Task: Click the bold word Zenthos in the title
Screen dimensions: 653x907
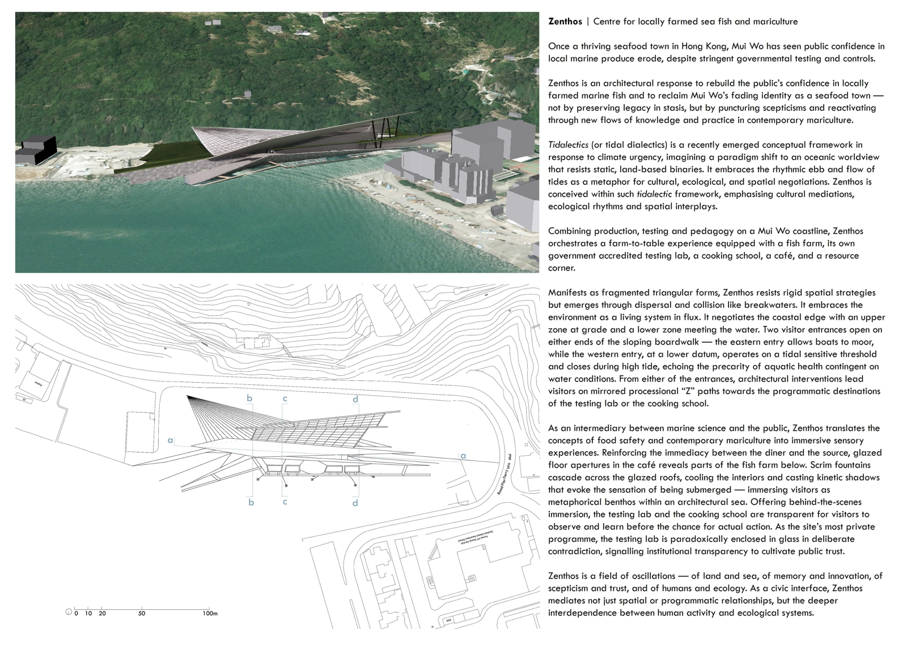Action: point(565,22)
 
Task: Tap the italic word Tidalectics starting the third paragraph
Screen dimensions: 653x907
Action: point(567,145)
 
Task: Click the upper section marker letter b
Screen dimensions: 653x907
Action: point(249,398)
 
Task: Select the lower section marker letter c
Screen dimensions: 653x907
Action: point(285,502)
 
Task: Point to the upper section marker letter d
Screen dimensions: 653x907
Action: point(355,400)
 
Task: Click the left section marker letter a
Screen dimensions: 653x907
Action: point(170,439)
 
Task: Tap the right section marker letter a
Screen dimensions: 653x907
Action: point(463,456)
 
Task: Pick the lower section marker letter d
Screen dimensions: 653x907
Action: point(355,503)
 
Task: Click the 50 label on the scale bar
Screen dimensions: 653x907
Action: point(142,613)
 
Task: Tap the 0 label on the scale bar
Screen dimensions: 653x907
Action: point(77,613)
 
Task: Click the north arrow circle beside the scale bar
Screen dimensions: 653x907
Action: point(69,612)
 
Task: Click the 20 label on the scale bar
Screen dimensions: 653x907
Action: point(102,613)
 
